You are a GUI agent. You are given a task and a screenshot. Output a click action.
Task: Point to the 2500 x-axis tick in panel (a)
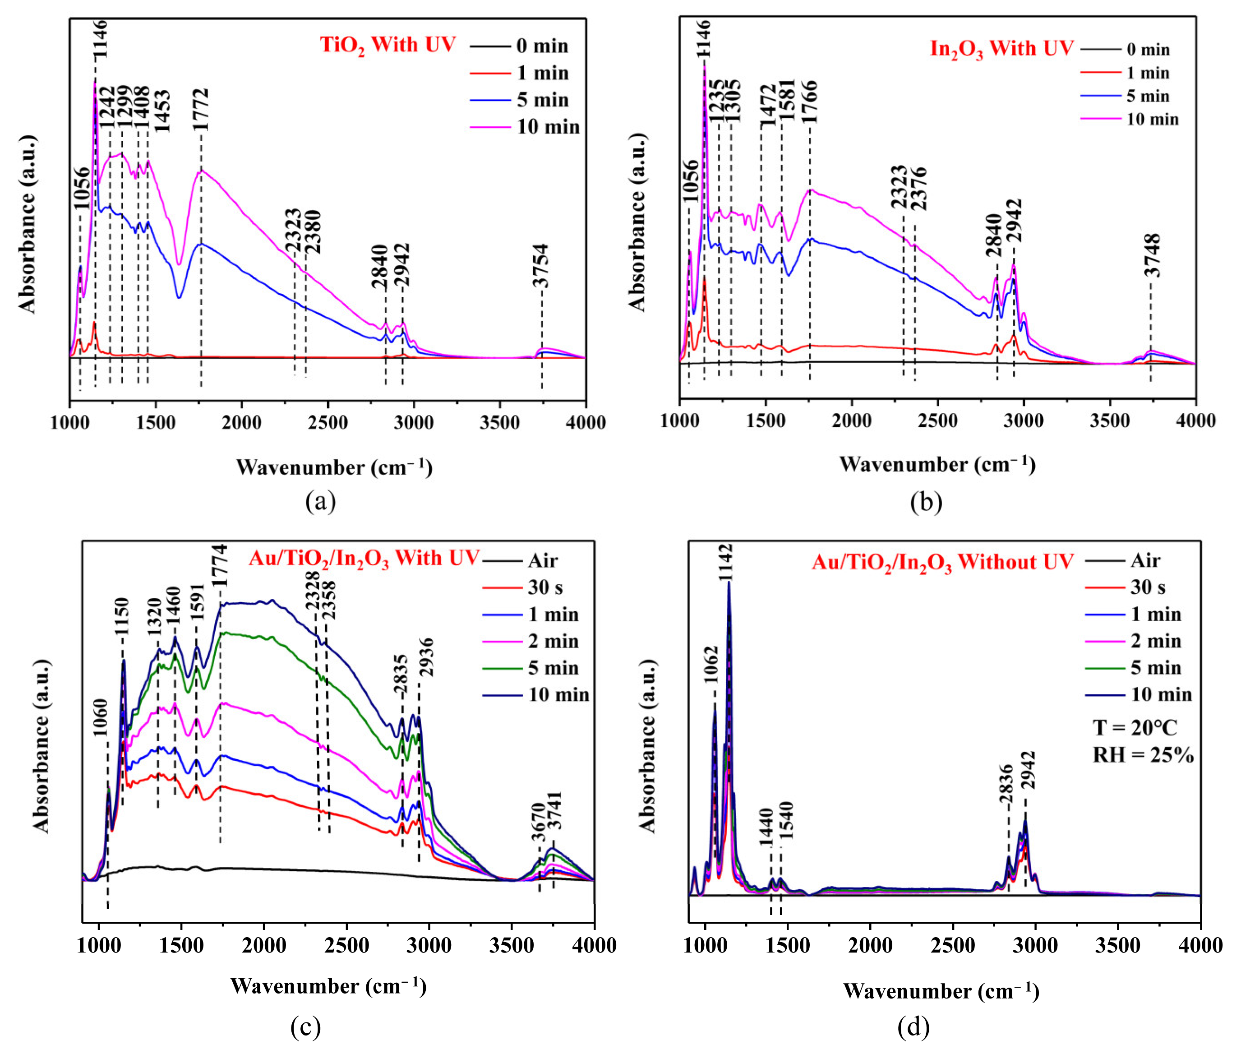pos(328,422)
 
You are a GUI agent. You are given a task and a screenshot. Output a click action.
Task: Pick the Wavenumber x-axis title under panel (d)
pos(941,991)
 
